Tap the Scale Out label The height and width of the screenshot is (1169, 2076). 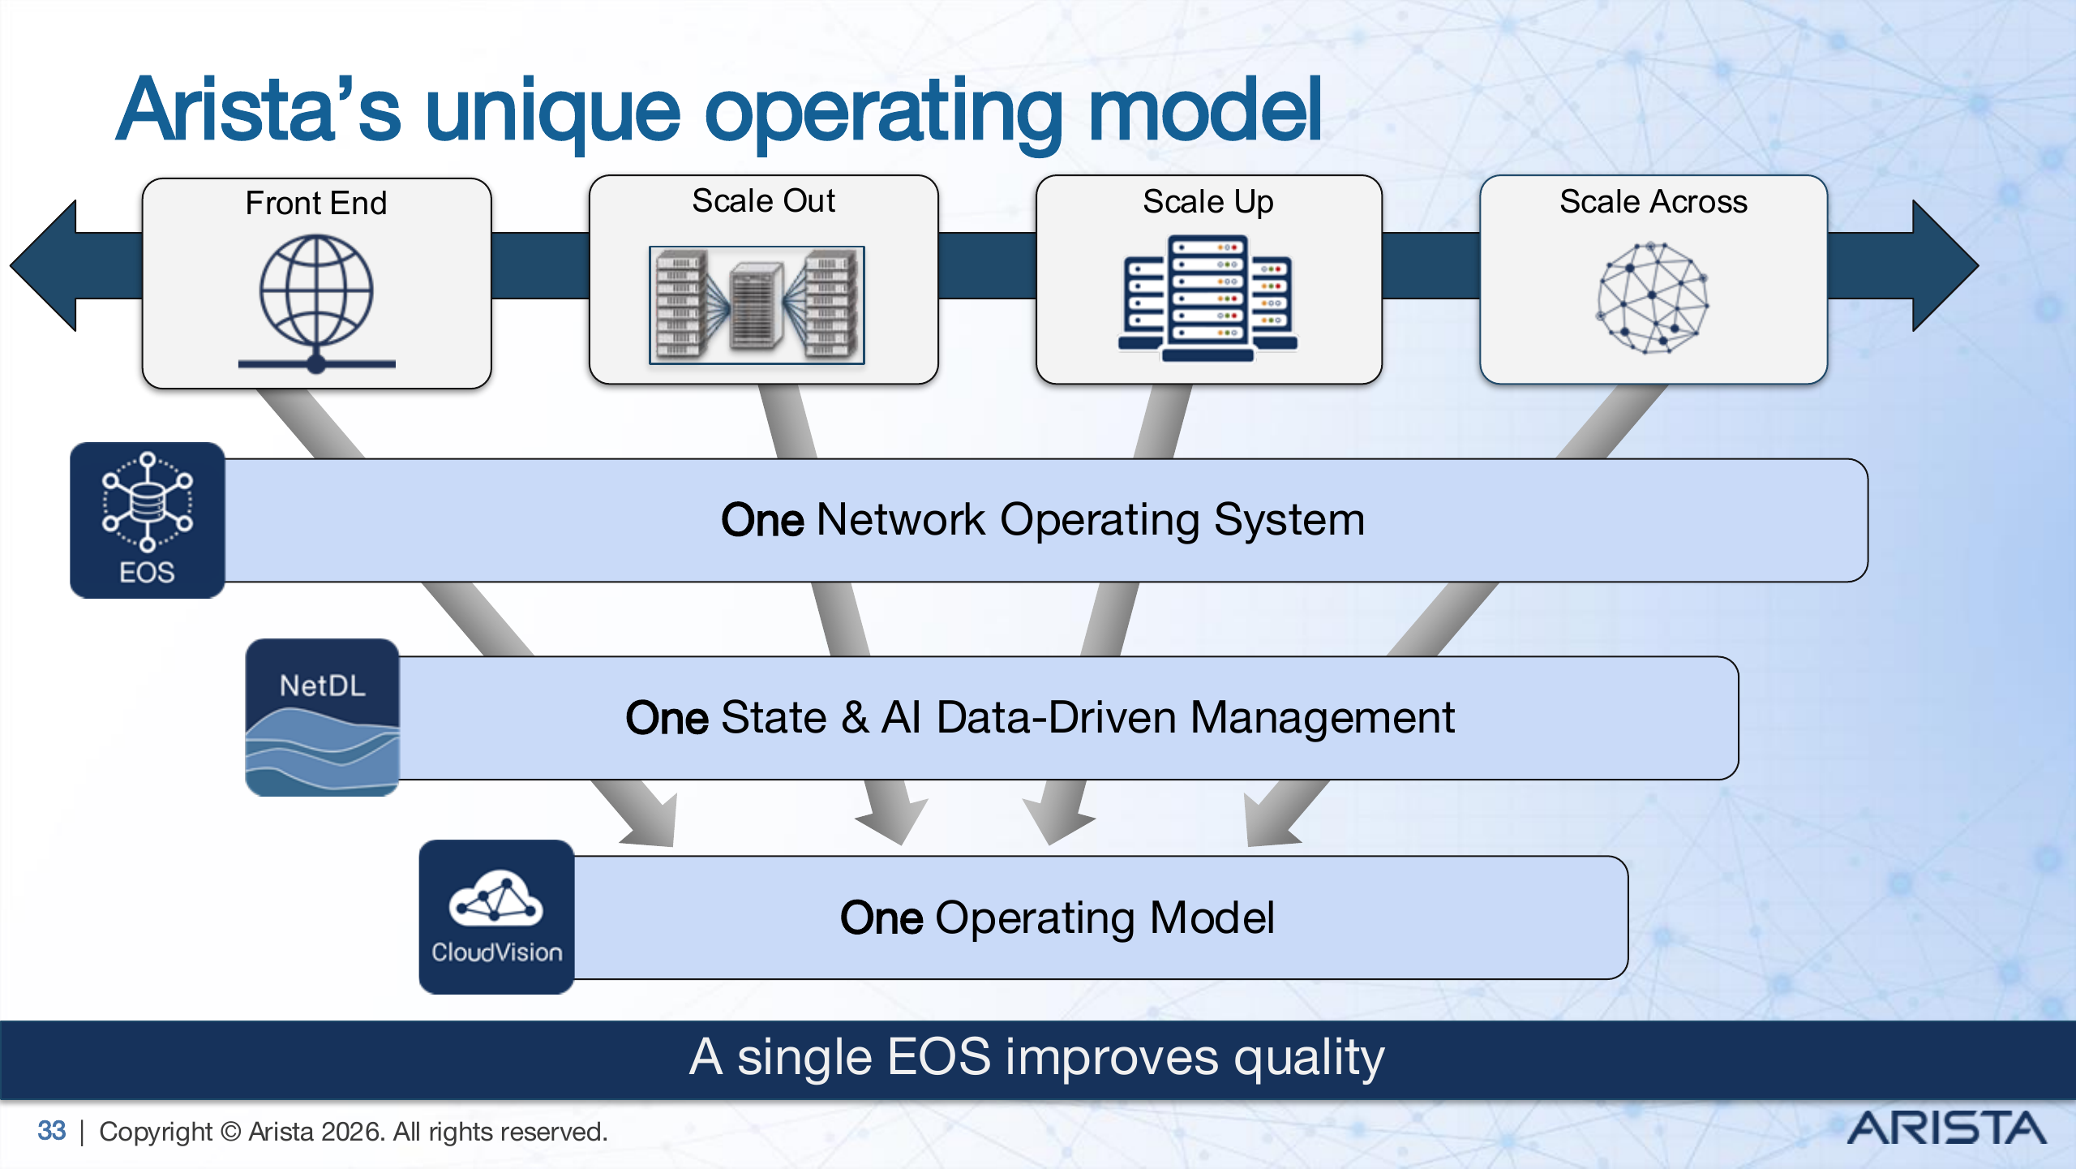pyautogui.click(x=763, y=200)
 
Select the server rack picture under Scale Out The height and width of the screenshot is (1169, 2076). pyautogui.click(x=757, y=305)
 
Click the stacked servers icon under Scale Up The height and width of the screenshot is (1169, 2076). pyautogui.click(x=1207, y=298)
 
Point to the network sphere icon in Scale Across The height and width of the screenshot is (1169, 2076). pyautogui.click(x=1653, y=298)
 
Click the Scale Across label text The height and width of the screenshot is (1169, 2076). pyautogui.click(x=1653, y=201)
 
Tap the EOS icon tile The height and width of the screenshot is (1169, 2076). pyautogui.click(x=148, y=520)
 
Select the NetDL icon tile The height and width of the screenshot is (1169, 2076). pyautogui.click(x=322, y=717)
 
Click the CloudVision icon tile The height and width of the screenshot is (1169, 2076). pyautogui.click(x=496, y=917)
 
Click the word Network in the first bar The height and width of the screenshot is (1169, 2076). pyautogui.click(x=901, y=520)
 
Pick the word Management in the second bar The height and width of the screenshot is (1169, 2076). pyautogui.click(x=1322, y=718)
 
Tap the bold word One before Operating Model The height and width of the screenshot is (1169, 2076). pyautogui.click(x=881, y=918)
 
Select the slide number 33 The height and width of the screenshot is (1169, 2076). pyautogui.click(x=51, y=1131)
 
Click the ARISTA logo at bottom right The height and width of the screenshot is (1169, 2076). pyautogui.click(x=1945, y=1128)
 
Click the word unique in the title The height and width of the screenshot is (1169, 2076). pyautogui.click(x=552, y=111)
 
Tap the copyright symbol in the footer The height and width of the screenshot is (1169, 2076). pyautogui.click(x=230, y=1132)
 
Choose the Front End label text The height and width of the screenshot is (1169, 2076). pyautogui.click(x=316, y=203)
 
